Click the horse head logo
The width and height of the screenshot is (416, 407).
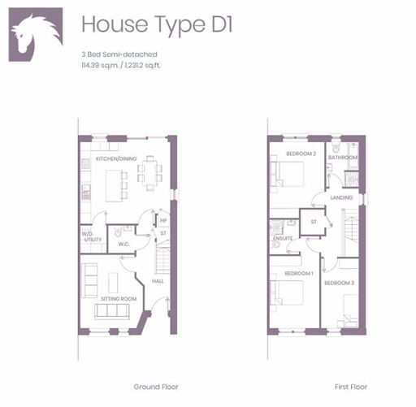tap(36, 34)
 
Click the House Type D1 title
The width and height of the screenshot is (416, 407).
tap(157, 25)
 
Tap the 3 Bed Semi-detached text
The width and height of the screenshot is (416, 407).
tap(119, 54)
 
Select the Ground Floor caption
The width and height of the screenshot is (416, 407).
tap(156, 387)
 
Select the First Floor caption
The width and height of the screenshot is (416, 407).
tap(351, 387)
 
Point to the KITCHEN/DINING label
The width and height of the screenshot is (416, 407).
tap(116, 158)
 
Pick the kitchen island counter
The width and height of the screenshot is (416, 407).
tap(114, 186)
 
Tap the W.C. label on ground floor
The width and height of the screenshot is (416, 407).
tap(123, 244)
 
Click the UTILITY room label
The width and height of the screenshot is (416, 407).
tap(93, 240)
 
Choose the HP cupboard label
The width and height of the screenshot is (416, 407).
tap(163, 220)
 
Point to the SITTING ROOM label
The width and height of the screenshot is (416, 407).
tap(119, 299)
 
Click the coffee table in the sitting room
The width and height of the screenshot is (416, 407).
tap(113, 283)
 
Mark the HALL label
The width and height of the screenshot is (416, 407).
tap(158, 281)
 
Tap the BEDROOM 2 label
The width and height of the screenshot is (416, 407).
tap(301, 154)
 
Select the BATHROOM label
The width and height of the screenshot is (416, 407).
tap(343, 158)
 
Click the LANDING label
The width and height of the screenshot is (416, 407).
tap(341, 197)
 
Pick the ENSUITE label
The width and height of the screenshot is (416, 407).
tap(283, 238)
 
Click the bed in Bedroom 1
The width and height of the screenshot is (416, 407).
tap(289, 292)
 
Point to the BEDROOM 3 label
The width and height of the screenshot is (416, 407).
tap(339, 283)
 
